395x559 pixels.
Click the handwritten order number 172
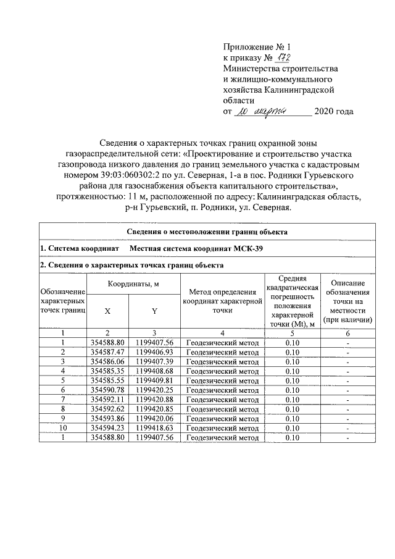283,57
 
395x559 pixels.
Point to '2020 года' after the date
333,112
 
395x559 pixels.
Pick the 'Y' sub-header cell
154,311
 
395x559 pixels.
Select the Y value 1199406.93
154,351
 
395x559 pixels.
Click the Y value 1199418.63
154,428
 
